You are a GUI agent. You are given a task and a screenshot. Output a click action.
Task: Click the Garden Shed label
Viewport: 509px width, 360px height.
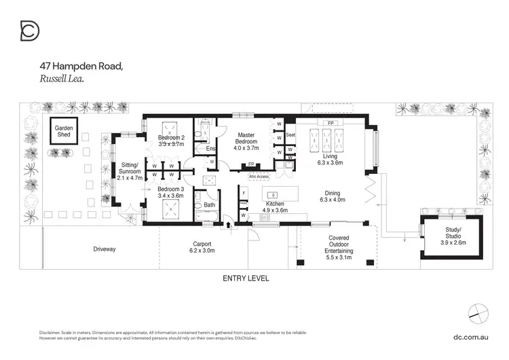pos(64,132)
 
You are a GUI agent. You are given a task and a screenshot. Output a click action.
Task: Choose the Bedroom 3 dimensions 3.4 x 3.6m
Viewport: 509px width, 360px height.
pos(170,195)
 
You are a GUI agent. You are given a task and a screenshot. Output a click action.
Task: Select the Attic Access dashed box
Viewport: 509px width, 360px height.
pos(259,177)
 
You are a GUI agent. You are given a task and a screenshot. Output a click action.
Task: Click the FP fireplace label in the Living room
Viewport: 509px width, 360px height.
pos(331,123)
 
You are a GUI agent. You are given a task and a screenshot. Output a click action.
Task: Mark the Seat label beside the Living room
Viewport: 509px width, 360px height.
pos(290,134)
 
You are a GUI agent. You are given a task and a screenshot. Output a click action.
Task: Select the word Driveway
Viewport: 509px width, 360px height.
pos(105,249)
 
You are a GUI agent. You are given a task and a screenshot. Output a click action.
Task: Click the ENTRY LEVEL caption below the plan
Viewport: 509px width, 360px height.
pos(246,278)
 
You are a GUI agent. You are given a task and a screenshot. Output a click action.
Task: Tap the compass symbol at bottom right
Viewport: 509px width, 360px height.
pos(478,312)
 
